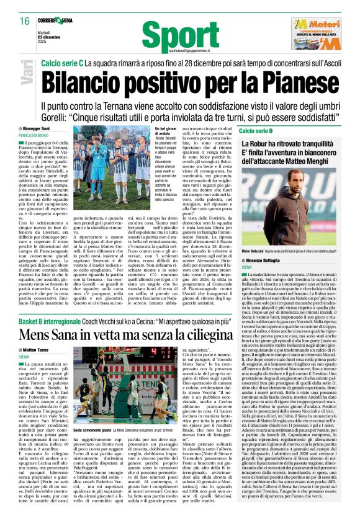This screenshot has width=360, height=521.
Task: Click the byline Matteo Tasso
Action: [x=38, y=350]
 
